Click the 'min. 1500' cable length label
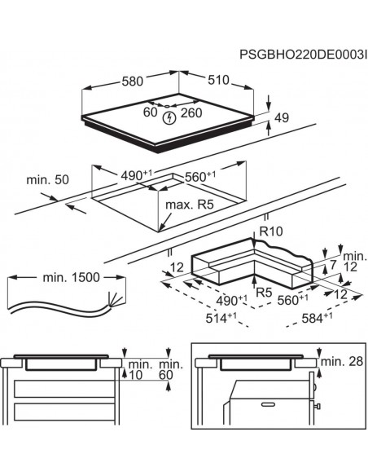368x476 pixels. [71, 277]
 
